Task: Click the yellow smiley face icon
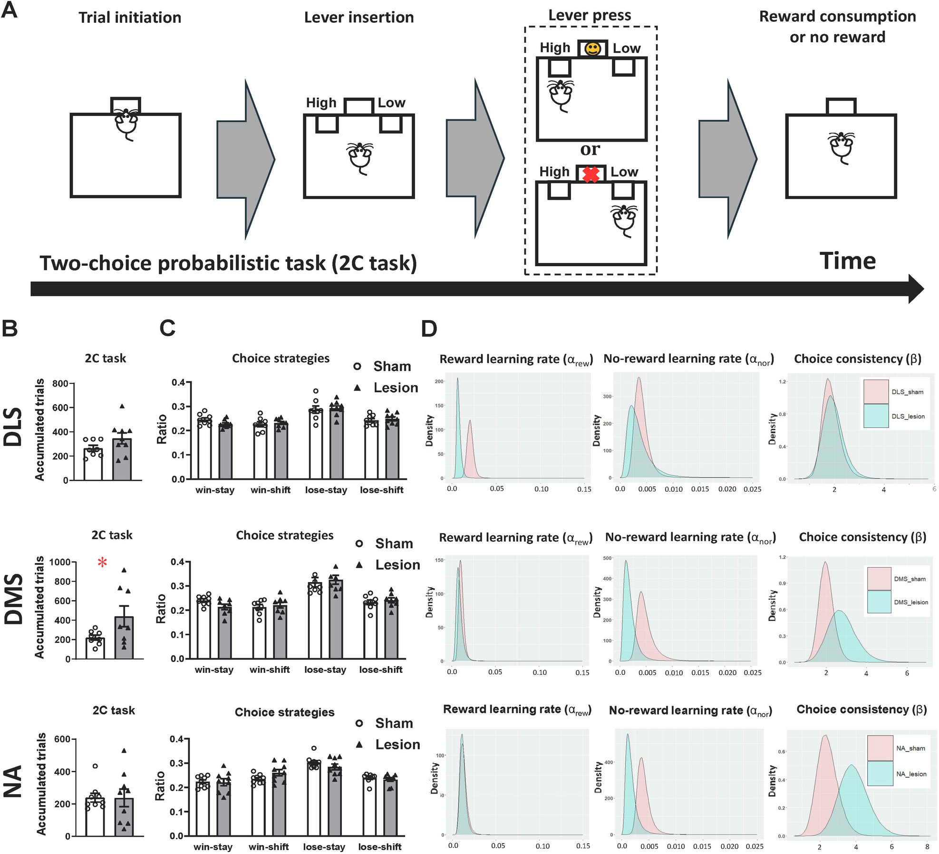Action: tap(592, 49)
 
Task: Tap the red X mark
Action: tap(591, 175)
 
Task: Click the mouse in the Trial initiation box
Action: tap(126, 123)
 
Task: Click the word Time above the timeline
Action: tap(847, 261)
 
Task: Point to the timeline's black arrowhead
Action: tap(916, 289)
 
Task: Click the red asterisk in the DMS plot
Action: tap(102, 563)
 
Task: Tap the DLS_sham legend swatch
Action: tap(876, 392)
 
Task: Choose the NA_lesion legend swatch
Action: tap(880, 773)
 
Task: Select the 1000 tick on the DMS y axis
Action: tap(59, 562)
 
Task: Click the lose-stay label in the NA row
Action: tap(324, 847)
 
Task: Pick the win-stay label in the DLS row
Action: tap(215, 490)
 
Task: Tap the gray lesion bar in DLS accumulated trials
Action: tap(122, 459)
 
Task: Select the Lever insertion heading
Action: tap(359, 18)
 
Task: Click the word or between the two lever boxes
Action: tap(590, 150)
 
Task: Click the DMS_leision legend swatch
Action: tap(879, 602)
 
